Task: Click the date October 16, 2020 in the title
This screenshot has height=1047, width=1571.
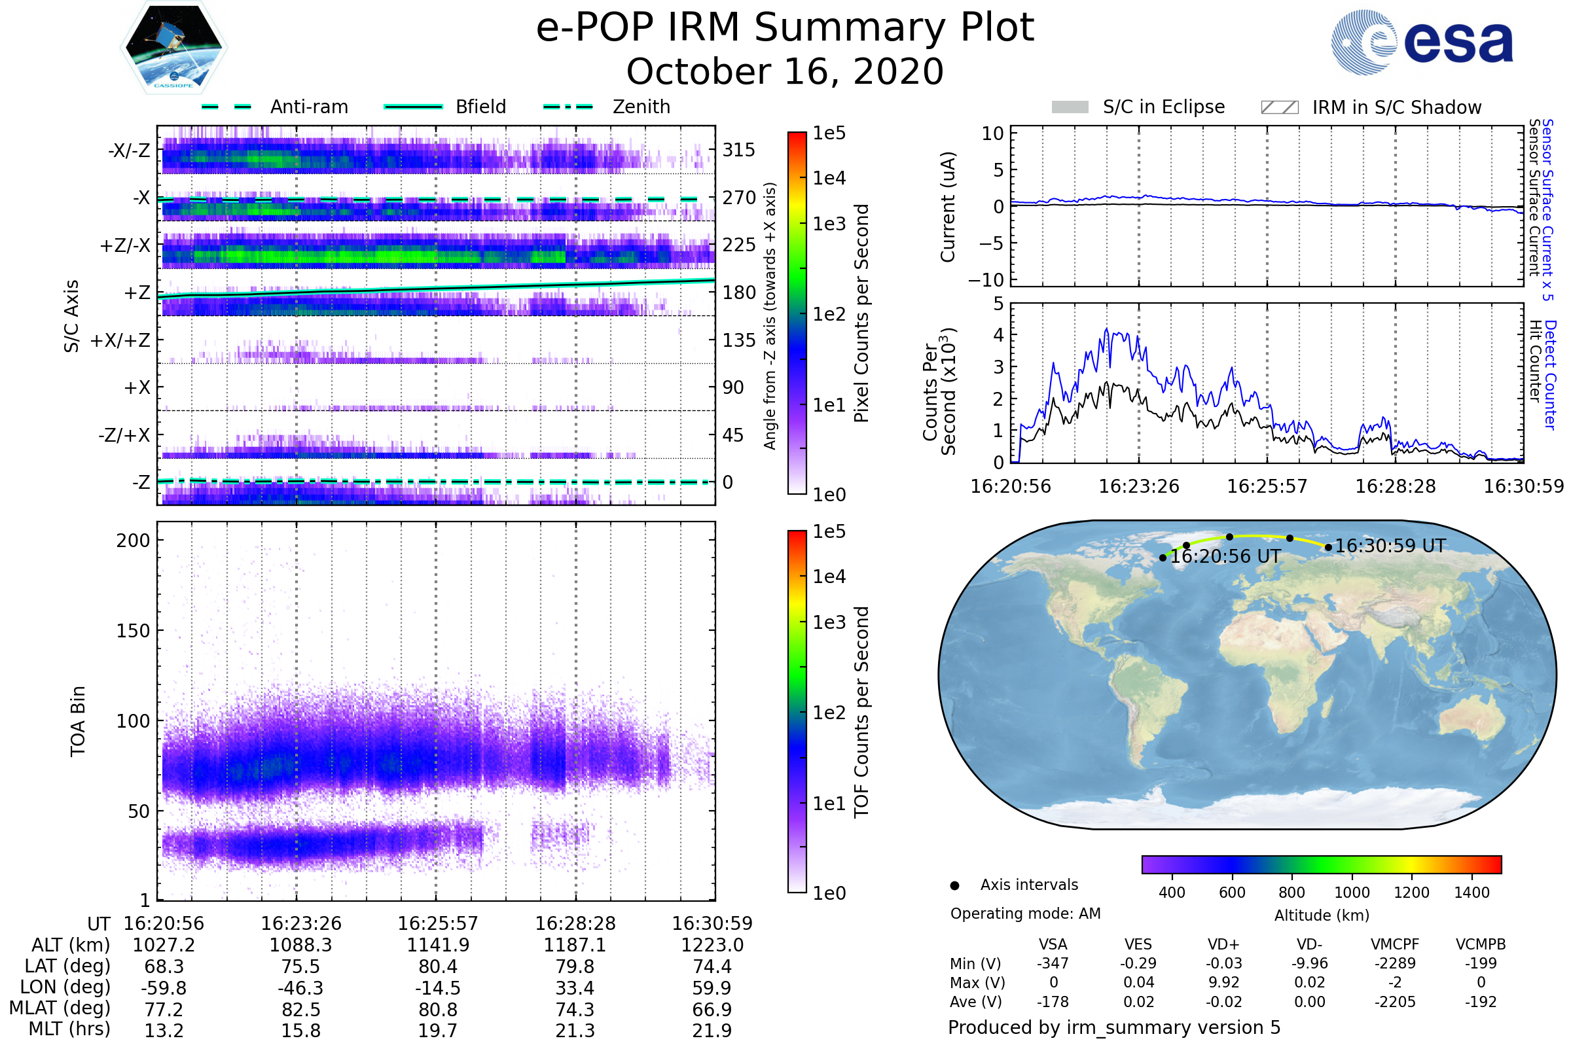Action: point(785,72)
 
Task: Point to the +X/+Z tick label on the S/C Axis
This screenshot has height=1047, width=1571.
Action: point(120,340)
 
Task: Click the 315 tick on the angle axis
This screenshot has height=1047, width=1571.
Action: point(739,150)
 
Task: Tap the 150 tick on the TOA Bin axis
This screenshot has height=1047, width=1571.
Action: point(133,631)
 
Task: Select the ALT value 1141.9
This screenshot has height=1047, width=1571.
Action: point(438,945)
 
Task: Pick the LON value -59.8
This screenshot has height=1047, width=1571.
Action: point(164,987)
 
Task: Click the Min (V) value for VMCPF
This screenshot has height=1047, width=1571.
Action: point(1395,963)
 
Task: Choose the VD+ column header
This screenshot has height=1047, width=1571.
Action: point(1223,944)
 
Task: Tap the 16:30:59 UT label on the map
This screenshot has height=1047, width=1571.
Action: point(1389,546)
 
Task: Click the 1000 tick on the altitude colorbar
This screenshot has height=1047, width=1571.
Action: point(1352,893)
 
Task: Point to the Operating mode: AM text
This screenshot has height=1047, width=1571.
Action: point(1025,914)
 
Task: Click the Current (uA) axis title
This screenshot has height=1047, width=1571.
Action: point(948,207)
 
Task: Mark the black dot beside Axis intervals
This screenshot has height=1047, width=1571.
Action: point(955,885)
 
